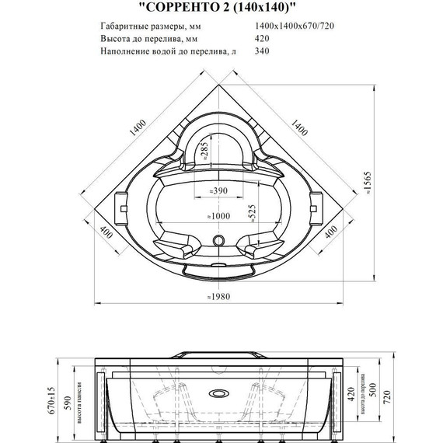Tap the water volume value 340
(264, 52)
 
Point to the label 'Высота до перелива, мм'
(149, 40)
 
